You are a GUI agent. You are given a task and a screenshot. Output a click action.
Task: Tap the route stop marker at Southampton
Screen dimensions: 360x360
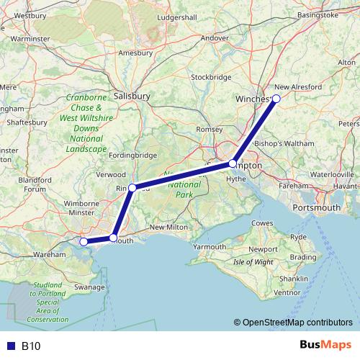pyautogui.click(x=232, y=164)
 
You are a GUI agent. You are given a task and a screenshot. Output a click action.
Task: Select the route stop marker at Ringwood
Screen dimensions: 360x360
pyautogui.click(x=132, y=187)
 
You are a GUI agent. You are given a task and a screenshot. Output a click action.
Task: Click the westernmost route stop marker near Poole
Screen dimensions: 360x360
pyautogui.click(x=84, y=242)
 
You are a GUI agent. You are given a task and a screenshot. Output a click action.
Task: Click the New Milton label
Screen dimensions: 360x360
pyautogui.click(x=168, y=228)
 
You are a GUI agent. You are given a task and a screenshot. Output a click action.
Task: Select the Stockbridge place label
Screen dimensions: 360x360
pyautogui.click(x=211, y=77)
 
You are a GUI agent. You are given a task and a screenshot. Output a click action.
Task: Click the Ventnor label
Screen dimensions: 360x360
pyautogui.click(x=287, y=292)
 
